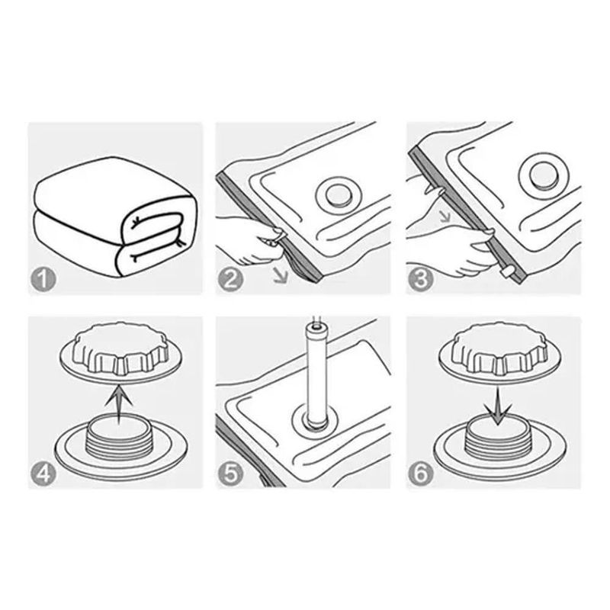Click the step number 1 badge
43,279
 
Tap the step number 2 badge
231,279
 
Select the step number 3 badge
420,279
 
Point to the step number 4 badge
43,474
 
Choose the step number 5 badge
231,474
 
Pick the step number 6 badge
420,474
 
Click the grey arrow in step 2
280,275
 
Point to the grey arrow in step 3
445,216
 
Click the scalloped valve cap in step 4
121,348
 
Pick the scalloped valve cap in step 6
500,350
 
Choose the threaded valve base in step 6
500,445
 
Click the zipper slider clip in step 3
508,271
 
